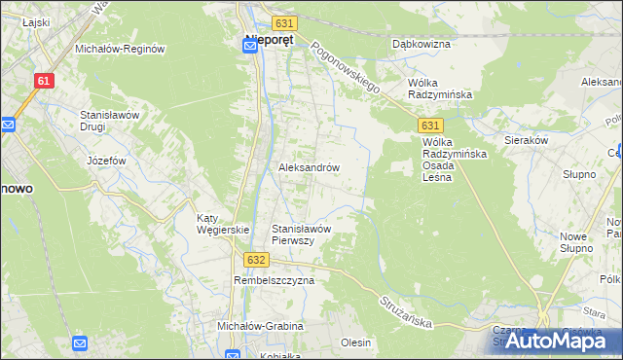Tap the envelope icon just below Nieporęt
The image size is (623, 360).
249,55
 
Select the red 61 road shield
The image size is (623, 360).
42,82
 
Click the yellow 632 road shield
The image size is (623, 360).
256,260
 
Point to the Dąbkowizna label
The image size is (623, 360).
419,44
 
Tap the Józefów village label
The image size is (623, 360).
107,161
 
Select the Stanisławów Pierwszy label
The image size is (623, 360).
303,234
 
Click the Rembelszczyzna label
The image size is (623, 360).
274,280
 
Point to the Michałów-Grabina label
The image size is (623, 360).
260,326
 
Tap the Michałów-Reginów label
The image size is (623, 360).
121,49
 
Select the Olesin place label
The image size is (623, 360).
356,342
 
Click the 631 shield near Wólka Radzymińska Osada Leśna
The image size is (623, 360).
431,126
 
